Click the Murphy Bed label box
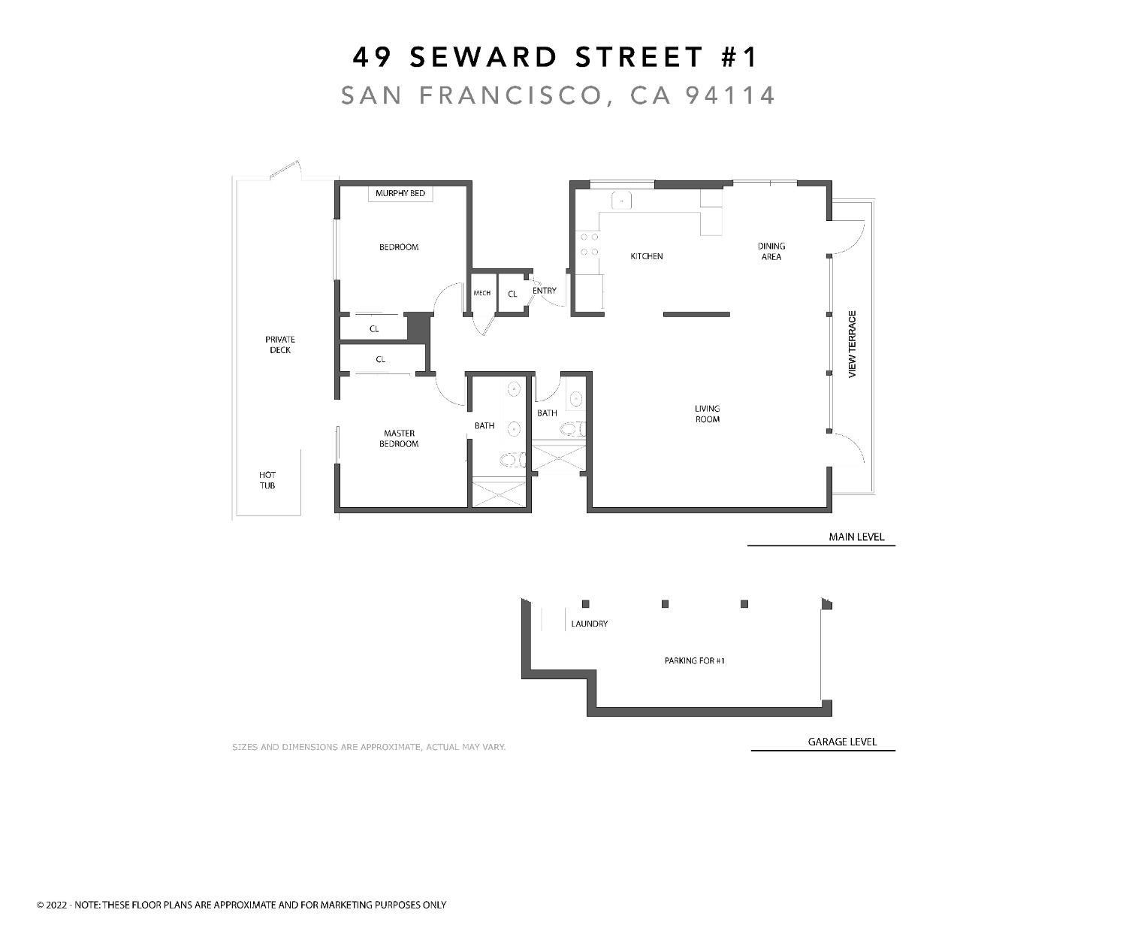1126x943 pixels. [400, 194]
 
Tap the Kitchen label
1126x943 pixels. [646, 256]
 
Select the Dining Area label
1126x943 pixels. [771, 251]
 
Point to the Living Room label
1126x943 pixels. [707, 414]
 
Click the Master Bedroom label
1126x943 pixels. [399, 438]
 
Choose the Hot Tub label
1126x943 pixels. [267, 480]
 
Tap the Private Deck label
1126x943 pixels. [280, 344]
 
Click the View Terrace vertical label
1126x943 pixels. [852, 344]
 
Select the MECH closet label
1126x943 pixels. [481, 293]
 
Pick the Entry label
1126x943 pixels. [545, 291]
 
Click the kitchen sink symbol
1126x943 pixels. [621, 200]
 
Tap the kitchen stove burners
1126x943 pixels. [589, 244]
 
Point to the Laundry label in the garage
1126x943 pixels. [589, 624]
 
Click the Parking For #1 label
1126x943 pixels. [694, 661]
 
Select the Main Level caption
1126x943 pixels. [856, 536]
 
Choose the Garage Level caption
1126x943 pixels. [842, 742]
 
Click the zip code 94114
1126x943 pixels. [729, 95]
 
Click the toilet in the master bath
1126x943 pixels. [512, 460]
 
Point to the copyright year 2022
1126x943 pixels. [56, 905]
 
